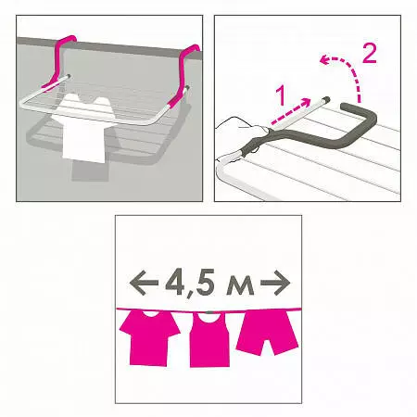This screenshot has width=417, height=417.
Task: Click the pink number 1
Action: click(281, 96)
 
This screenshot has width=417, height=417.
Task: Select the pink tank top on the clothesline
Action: click(209, 339)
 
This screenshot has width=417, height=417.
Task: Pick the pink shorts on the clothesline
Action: click(268, 333)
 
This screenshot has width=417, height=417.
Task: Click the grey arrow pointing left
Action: click(144, 283)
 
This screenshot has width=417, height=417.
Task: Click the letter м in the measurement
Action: click(241, 286)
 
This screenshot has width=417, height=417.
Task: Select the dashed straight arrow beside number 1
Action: click(291, 111)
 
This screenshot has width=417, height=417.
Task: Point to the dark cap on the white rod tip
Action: click(326, 99)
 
